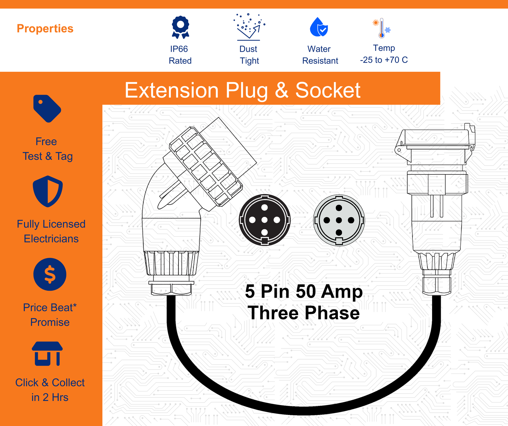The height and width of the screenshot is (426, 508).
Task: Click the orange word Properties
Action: pos(45,29)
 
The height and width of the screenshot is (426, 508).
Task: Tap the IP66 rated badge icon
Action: pos(180,27)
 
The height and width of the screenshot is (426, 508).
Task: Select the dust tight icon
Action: pos(249,27)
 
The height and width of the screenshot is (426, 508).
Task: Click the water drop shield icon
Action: pos(319,27)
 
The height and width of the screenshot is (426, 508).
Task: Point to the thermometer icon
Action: pos(382,28)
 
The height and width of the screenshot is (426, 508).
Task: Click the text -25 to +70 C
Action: pos(384,60)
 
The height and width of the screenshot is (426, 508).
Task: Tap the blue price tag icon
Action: pos(47,108)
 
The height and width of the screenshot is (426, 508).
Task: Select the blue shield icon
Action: pos(48,191)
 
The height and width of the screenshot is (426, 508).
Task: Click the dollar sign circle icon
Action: pos(50,274)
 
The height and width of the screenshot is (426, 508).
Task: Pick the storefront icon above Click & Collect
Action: pos(47,354)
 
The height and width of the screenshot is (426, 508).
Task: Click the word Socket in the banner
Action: pos(328,90)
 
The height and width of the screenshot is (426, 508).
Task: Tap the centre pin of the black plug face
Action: pos(264,220)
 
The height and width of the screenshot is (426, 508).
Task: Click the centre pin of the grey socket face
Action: pos(339,220)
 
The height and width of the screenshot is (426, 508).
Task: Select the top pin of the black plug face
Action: pos(264,208)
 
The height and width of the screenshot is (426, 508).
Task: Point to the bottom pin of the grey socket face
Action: pos(339,233)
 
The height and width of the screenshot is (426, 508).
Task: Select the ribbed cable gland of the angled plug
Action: pos(171,263)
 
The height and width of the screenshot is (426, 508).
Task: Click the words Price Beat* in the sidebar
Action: pos(50,308)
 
